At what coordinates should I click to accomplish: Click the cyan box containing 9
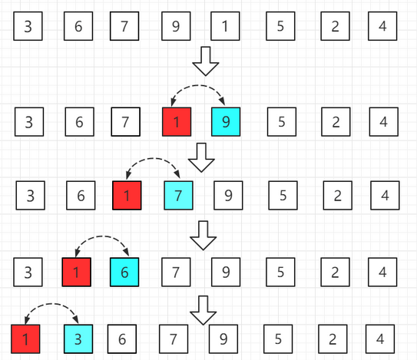tap(226, 122)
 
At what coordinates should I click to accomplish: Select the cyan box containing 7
tap(178, 196)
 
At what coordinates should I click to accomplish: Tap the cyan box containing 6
tap(124, 272)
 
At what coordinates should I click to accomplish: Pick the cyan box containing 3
tap(78, 339)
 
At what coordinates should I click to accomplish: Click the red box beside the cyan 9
tap(177, 122)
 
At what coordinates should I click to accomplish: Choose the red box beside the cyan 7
tap(127, 196)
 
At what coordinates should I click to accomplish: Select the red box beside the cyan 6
tap(77, 272)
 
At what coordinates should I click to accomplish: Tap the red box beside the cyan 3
tap(25, 339)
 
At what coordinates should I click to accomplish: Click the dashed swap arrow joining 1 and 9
tap(198, 86)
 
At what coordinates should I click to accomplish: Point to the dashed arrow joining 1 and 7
tap(153, 158)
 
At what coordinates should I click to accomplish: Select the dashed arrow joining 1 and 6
tap(102, 236)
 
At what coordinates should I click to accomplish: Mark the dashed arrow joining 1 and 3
tap(51, 304)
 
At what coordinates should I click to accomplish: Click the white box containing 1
tap(225, 26)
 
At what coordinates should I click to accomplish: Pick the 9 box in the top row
tap(176, 26)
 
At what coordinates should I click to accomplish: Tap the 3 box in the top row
tap(28, 26)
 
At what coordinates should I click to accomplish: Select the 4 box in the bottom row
tap(380, 339)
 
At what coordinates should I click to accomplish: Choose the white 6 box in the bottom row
tap(122, 339)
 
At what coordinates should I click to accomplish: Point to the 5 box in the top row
tap(280, 26)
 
